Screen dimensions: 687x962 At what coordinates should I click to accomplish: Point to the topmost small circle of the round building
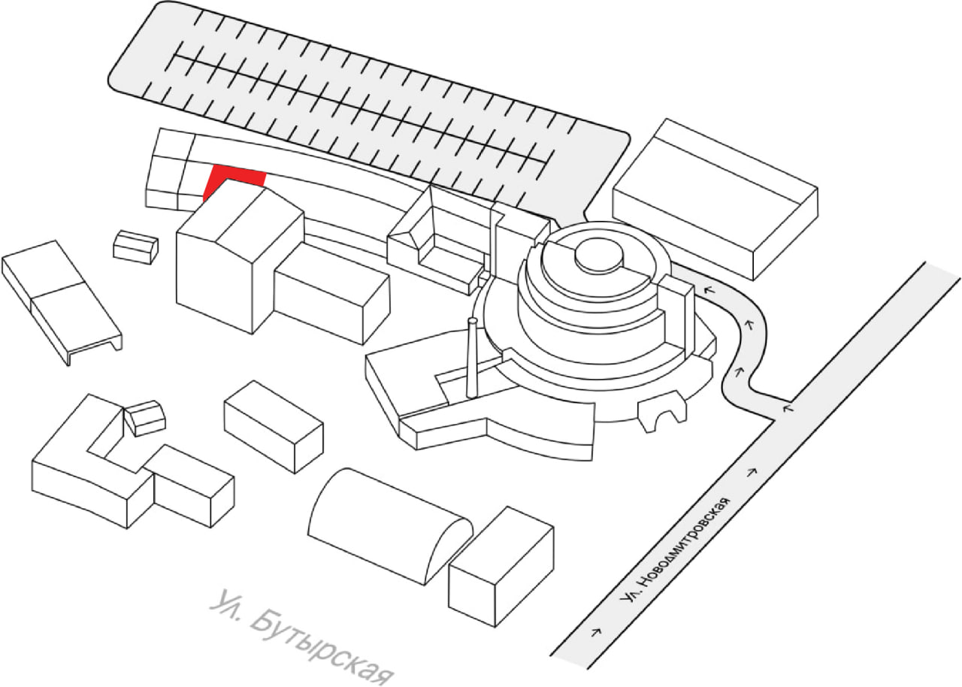(x=599, y=256)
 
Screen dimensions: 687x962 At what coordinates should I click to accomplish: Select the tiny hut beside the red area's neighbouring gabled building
(x=135, y=247)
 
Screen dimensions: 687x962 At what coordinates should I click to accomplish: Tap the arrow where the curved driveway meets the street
(x=787, y=408)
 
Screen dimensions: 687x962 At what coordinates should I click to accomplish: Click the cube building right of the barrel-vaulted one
(x=501, y=564)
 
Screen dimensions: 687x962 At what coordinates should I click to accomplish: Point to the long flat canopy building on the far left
(x=60, y=301)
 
